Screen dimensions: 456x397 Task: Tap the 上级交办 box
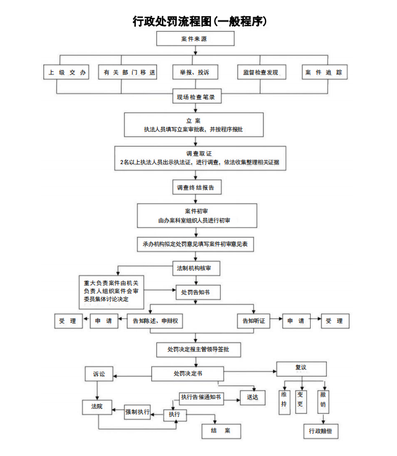pos(65,72)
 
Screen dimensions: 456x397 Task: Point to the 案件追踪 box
pos(324,72)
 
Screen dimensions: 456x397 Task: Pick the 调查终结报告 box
pos(195,187)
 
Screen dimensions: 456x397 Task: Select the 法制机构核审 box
pos(195,268)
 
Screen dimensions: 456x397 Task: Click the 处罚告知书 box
pos(195,292)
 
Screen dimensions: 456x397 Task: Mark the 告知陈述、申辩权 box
pos(155,322)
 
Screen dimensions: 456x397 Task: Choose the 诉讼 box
pos(99,374)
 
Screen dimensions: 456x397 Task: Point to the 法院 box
pos(97,407)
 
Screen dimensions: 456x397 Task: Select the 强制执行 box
pos(138,411)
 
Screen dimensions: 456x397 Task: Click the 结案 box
pos(221,431)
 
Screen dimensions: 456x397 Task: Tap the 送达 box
pos(252,397)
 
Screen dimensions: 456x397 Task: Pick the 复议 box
pos(301,368)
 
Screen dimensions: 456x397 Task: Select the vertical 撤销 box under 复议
pos(323,401)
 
